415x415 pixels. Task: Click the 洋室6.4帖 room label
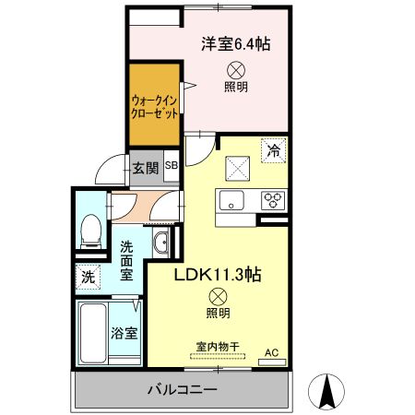point(235,43)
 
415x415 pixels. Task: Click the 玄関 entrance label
point(143,168)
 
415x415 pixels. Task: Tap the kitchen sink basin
point(230,198)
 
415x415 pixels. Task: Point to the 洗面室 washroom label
point(127,261)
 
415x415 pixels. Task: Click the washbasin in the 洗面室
point(162,243)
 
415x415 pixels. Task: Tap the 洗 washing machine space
point(88,275)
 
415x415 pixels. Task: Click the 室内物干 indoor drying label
point(218,348)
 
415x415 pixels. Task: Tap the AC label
point(271,352)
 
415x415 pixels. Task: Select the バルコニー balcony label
point(182,389)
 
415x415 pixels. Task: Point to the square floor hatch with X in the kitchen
point(239,168)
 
